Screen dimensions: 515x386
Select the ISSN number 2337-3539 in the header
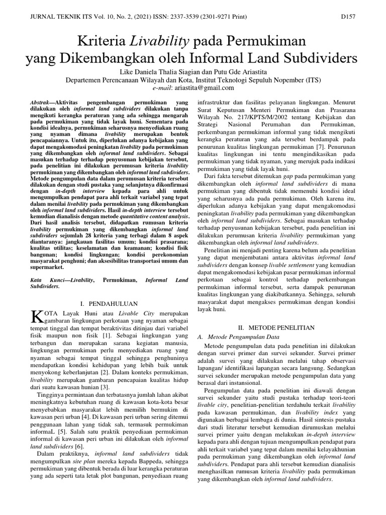point(184,17)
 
